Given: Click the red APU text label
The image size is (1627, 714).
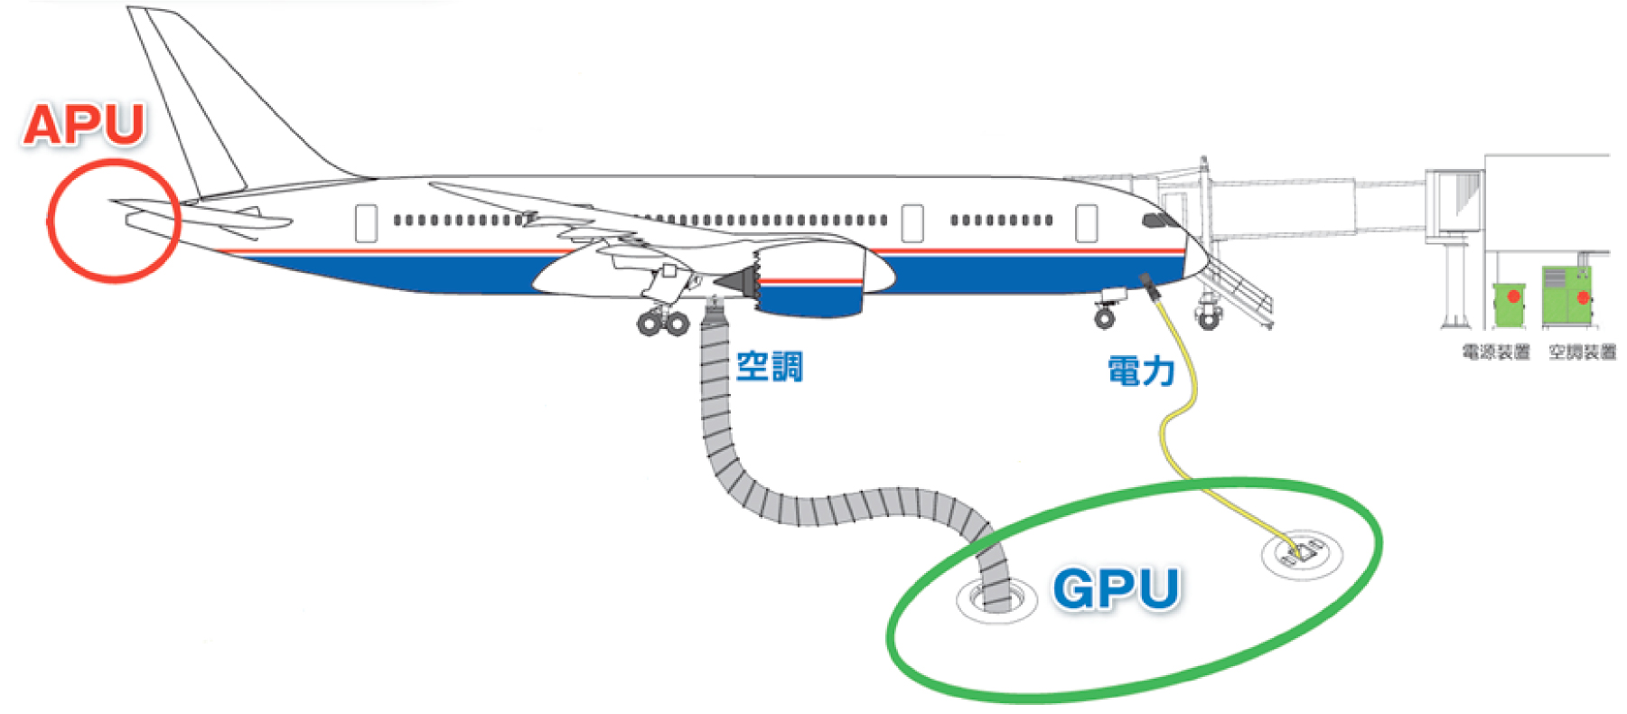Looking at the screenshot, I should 84,125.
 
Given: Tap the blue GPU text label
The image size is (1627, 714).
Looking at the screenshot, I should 1117,588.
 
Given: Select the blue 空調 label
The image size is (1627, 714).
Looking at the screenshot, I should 769,366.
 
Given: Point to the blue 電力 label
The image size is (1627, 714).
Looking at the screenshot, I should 1141,371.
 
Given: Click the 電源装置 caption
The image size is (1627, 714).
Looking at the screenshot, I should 1496,352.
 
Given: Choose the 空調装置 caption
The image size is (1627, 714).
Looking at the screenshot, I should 1582,352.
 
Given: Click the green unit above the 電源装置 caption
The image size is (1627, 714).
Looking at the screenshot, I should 1509,304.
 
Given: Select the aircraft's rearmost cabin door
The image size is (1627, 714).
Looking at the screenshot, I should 366,223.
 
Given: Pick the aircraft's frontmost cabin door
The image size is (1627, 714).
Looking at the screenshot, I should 1086,223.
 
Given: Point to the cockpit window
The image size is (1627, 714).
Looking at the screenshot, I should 1155,220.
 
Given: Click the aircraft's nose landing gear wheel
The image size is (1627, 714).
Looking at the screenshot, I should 1104,316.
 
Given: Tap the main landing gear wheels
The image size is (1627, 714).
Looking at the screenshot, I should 663,323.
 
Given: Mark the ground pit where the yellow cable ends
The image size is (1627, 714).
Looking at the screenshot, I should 1302,551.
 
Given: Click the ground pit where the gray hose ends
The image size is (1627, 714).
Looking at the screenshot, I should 996,598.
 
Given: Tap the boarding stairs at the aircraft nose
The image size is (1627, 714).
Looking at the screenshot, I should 1242,289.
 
